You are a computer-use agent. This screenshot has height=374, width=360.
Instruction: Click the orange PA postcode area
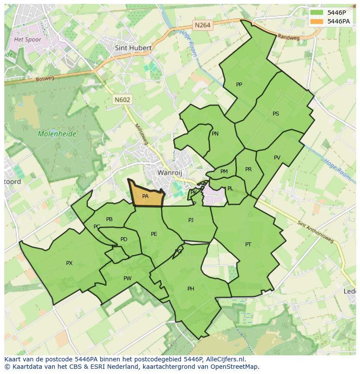[x=146, y=196]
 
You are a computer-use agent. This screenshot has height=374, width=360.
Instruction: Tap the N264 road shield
[x=203, y=25]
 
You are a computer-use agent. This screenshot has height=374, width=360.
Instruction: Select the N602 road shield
[x=123, y=99]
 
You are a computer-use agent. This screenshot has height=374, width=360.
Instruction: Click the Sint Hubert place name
[x=133, y=48]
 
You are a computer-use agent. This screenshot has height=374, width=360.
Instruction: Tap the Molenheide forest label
[x=57, y=134]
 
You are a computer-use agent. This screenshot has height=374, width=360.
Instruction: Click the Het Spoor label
[x=27, y=40]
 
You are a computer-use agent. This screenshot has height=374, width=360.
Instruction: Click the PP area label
[x=239, y=85]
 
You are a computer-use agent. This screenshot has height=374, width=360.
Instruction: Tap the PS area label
[x=276, y=114]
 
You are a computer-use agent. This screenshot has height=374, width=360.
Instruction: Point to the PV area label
[x=277, y=158]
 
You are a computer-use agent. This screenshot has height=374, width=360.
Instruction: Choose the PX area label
[x=69, y=263]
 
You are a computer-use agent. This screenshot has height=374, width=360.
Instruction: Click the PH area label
[x=190, y=289]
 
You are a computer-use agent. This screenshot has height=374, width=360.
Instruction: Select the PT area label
[x=248, y=245]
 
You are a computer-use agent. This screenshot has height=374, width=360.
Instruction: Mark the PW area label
[x=127, y=278]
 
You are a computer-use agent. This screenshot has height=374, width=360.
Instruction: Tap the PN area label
[x=215, y=134]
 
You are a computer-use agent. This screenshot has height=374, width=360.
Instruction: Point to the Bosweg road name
[x=45, y=79]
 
